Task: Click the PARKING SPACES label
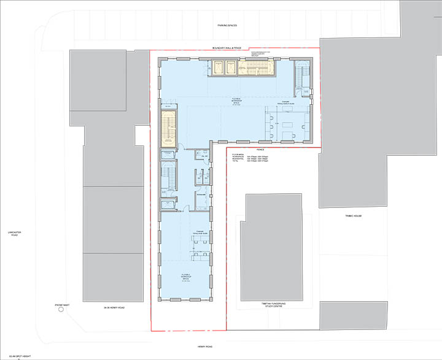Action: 227,25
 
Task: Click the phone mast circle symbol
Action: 60,310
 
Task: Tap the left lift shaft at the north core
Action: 217,67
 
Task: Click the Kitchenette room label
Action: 201,193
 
